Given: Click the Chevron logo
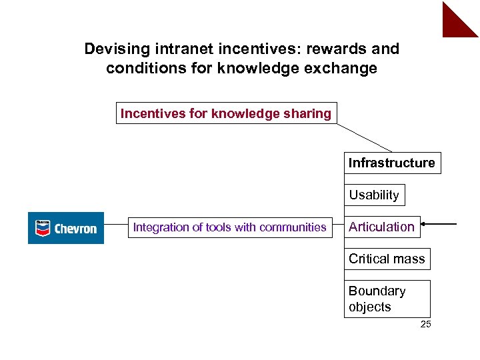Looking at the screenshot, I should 66,228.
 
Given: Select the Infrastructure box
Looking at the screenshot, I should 392,163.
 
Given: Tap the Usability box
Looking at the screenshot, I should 374,195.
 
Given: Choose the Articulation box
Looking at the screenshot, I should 382,227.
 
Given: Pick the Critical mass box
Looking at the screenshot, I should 387,259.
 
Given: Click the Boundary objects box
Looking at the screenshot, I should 387,299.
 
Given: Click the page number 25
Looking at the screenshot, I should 426,325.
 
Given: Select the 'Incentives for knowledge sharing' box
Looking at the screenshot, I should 226,113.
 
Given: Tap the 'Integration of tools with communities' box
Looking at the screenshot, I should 230,227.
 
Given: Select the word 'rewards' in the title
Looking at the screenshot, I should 339,49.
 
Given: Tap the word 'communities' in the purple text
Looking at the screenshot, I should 293,227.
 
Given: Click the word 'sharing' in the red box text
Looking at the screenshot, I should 308,113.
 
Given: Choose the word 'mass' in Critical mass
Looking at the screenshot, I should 409,259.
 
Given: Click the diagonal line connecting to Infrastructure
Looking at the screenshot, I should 364,138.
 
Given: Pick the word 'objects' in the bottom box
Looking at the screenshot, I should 370,307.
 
